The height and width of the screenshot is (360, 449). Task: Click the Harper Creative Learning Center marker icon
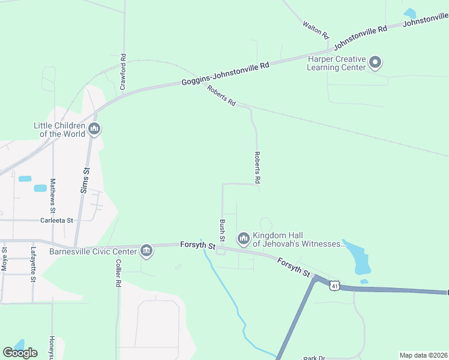[x=375, y=62]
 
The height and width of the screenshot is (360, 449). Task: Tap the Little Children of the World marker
[x=94, y=129]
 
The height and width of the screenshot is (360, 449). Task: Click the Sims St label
[x=85, y=180]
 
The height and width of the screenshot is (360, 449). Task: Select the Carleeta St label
[x=56, y=220]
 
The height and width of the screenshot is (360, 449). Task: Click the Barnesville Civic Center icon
[x=146, y=251]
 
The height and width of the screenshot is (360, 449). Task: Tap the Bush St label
[x=222, y=229]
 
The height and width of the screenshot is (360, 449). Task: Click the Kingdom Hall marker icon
[x=243, y=239]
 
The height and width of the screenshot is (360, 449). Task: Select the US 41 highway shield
[x=335, y=286]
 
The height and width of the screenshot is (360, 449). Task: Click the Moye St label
[x=4, y=259]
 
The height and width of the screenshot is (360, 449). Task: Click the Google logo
[x=20, y=353]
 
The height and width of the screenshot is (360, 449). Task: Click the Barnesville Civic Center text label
[x=94, y=251]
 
